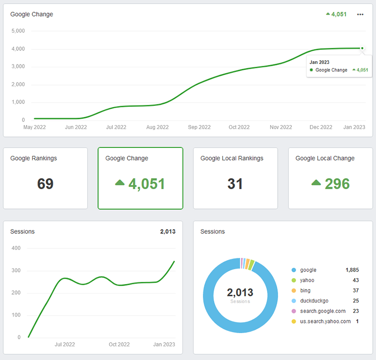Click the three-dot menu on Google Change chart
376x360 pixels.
(x=360, y=15)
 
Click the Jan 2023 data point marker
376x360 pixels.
(x=362, y=48)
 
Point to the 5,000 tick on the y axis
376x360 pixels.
(x=17, y=31)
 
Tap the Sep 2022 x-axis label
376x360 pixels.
(x=199, y=127)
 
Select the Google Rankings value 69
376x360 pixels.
(x=45, y=184)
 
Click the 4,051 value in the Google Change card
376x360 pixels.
(x=147, y=184)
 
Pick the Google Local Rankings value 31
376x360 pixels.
(x=235, y=184)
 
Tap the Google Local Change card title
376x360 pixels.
(x=324, y=159)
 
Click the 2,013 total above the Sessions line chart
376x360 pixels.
(x=167, y=232)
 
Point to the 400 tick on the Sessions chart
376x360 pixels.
(x=16, y=248)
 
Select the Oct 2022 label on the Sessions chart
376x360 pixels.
(x=119, y=344)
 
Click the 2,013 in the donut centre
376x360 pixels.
(x=240, y=293)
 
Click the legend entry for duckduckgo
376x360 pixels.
(x=314, y=301)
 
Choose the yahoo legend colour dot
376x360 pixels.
(x=294, y=280)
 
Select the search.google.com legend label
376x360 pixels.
(x=323, y=311)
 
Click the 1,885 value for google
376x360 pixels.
(x=352, y=270)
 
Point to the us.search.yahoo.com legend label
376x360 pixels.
(x=326, y=321)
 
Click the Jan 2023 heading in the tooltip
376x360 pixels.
(x=319, y=62)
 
